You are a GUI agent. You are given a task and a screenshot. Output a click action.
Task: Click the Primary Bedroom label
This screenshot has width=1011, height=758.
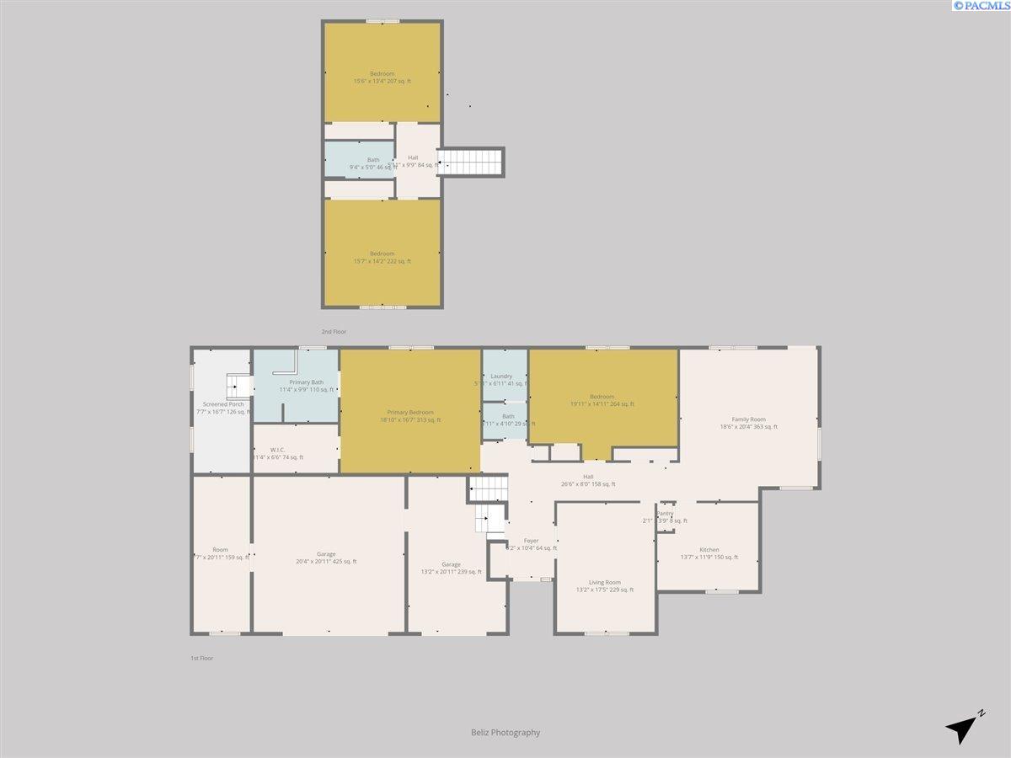[x=409, y=412]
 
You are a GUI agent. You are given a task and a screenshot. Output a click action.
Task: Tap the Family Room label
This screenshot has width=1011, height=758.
[x=748, y=419]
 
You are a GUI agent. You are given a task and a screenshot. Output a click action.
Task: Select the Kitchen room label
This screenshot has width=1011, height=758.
[x=709, y=550]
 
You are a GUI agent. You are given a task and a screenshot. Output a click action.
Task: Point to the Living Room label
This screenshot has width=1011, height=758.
[x=604, y=583]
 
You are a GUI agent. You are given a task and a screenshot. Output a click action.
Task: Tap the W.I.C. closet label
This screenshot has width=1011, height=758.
[x=278, y=450]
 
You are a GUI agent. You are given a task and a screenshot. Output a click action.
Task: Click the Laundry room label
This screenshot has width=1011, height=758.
[x=501, y=376]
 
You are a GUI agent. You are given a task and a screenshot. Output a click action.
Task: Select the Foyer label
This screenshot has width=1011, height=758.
[x=531, y=541]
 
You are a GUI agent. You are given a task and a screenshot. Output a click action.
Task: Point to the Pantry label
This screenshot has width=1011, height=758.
[x=666, y=513]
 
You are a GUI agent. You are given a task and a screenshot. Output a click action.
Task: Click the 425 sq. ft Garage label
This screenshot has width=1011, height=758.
[x=326, y=554]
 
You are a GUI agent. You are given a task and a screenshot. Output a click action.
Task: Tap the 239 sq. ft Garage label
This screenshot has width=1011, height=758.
[x=451, y=564]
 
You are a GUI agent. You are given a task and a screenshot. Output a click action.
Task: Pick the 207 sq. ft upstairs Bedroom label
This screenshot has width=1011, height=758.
[x=382, y=74]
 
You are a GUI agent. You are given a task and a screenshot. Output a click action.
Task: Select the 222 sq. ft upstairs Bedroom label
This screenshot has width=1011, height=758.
[x=382, y=254]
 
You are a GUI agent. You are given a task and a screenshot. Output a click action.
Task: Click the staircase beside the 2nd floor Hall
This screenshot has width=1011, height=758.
[x=472, y=162]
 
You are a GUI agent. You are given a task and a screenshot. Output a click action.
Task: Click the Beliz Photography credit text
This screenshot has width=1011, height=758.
[x=505, y=733]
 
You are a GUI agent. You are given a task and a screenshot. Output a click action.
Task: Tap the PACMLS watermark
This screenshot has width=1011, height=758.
[x=981, y=6]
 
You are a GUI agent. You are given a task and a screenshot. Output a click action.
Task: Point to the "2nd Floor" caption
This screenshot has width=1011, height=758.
[x=334, y=332]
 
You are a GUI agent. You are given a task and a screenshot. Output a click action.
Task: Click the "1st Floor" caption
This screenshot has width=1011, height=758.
[x=201, y=658]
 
